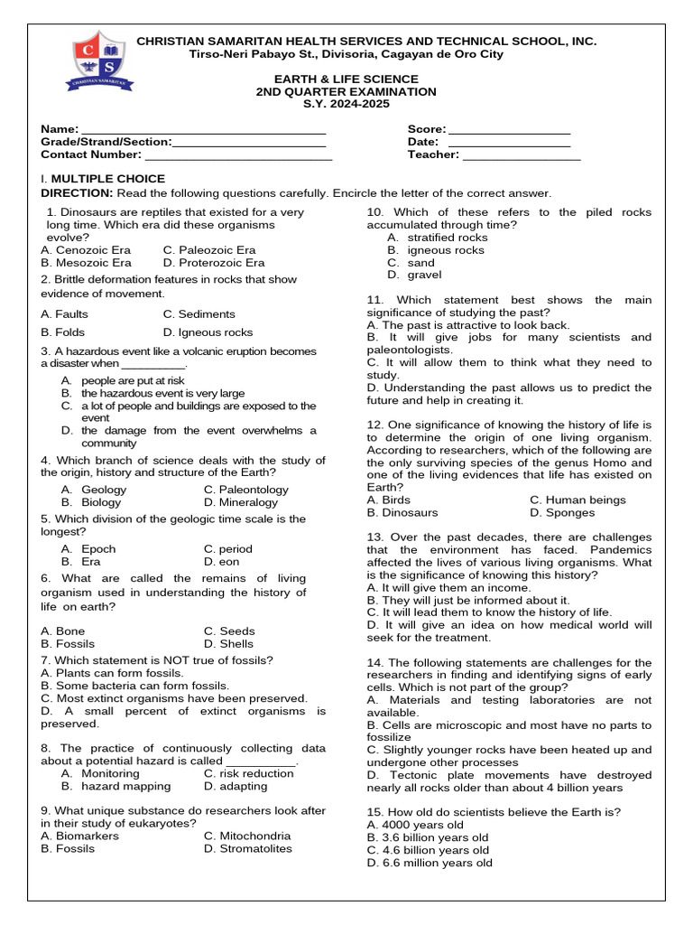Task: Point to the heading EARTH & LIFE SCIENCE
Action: (346, 79)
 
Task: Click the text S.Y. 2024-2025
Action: (346, 105)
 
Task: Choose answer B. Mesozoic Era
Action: (86, 263)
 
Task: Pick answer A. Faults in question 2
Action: (65, 314)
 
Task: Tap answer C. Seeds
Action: (229, 631)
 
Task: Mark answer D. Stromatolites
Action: (247, 849)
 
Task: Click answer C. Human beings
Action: (577, 500)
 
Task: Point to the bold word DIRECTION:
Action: (77, 193)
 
